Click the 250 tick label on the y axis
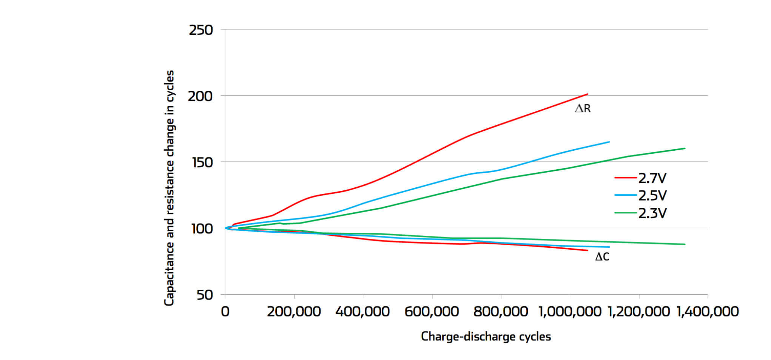click(x=201, y=30)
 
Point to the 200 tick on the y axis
click(x=200, y=96)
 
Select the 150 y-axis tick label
click(x=200, y=163)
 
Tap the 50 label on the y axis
click(x=205, y=295)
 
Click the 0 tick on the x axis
click(x=225, y=312)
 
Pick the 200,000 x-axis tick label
click(x=294, y=312)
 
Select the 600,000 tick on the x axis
click(x=432, y=312)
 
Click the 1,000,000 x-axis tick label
click(x=569, y=312)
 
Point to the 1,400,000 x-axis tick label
click(x=708, y=312)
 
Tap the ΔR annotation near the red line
click(x=583, y=109)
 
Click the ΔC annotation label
click(x=602, y=257)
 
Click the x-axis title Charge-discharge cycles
click(x=486, y=337)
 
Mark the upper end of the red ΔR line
click(x=588, y=94)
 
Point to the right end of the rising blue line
click(x=609, y=142)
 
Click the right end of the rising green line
click(x=685, y=148)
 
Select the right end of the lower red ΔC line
click(x=588, y=250)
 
